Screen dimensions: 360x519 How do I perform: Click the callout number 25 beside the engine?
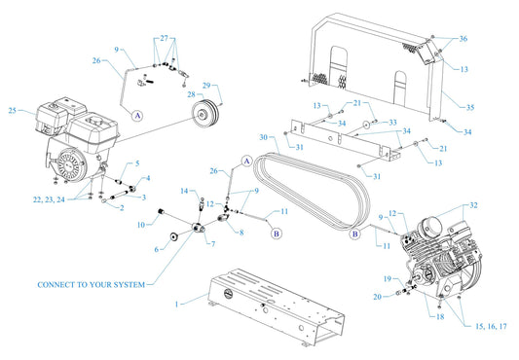tap(13, 111)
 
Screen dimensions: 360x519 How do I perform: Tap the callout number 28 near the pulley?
tap(191, 94)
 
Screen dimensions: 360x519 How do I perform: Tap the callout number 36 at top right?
tap(463, 38)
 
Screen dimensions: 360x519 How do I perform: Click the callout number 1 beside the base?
tap(176, 305)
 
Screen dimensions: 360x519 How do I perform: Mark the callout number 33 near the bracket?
tap(393, 123)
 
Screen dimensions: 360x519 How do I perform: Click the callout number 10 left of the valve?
tap(141, 225)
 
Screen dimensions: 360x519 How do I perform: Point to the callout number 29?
tap(205, 86)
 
